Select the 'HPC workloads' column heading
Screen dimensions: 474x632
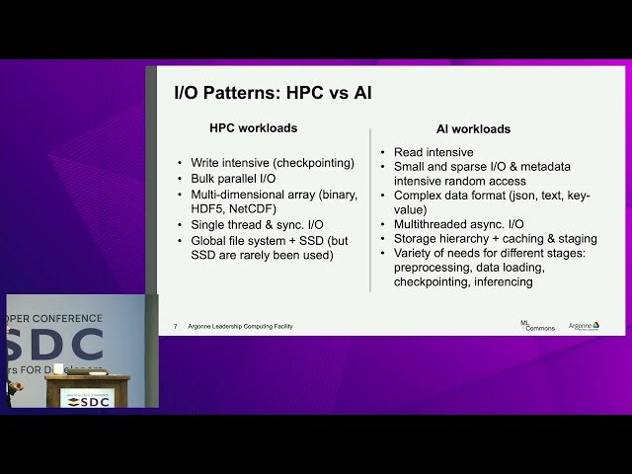[253, 128]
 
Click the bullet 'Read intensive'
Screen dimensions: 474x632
[434, 153]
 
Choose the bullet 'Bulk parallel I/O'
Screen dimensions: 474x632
[233, 179]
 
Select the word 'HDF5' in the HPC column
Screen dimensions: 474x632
[214, 209]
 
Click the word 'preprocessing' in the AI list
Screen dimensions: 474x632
[435, 268]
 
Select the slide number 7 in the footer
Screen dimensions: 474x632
[175, 327]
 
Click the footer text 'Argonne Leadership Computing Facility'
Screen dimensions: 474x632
[240, 327]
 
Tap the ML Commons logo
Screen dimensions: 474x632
[537, 325]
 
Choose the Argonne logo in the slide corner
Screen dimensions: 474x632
[584, 325]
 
